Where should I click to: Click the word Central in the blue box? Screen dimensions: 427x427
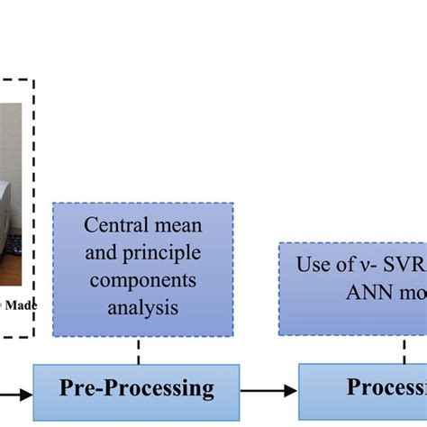(x=116, y=224)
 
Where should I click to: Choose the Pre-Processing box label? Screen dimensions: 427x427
(x=137, y=388)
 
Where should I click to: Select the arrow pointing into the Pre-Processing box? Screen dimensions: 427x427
(x=18, y=390)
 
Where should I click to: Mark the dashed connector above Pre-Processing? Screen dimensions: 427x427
(x=138, y=350)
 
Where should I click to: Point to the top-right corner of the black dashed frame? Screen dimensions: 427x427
(x=34, y=79)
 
